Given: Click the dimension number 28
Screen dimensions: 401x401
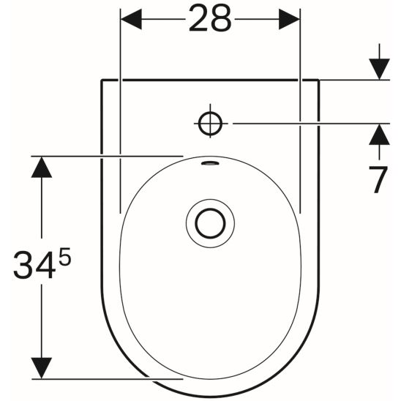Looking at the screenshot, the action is click(x=210, y=18).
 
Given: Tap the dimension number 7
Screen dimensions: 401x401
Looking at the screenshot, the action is click(x=378, y=179).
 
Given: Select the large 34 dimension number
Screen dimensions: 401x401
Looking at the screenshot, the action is click(x=34, y=264).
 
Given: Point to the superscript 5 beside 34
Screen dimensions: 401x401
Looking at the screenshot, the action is click(x=64, y=256).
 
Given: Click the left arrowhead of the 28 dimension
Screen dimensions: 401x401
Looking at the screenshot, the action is click(x=131, y=19).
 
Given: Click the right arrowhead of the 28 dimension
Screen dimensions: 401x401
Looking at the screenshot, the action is click(x=289, y=19).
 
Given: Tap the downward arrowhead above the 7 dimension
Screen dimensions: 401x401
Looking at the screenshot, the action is click(x=379, y=69).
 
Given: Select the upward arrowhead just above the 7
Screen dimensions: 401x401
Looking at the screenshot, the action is click(x=379, y=134).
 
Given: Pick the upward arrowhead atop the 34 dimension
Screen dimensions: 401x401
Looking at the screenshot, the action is click(x=42, y=167).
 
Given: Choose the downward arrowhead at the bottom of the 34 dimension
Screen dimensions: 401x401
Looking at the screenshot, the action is click(x=42, y=368).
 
